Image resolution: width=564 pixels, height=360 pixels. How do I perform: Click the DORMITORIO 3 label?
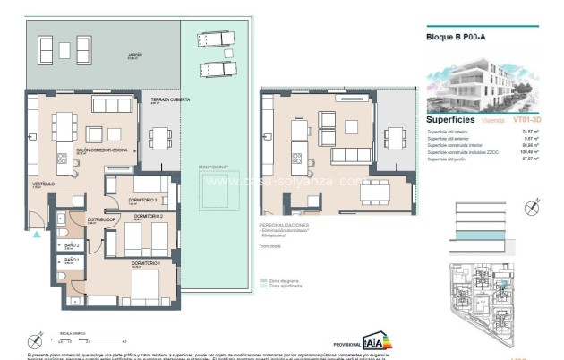pyautogui.click(x=143, y=200)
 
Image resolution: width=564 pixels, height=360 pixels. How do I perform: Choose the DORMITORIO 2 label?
pyautogui.click(x=148, y=217)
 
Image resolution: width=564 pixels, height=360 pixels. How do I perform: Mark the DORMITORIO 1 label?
pyautogui.click(x=147, y=262)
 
